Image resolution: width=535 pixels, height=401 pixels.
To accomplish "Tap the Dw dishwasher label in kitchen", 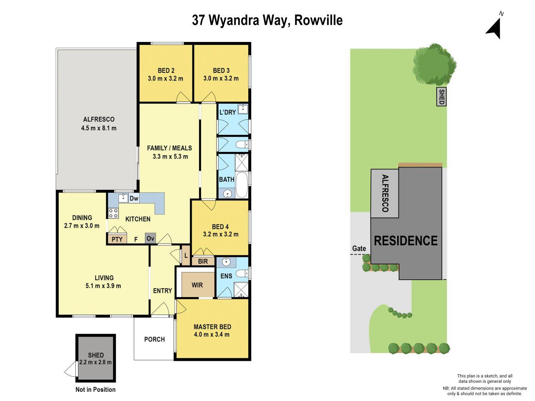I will (x=134, y=199).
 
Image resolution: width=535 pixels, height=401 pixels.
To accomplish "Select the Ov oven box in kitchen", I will (x=150, y=238).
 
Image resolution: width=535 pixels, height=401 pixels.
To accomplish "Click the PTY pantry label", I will (x=117, y=239).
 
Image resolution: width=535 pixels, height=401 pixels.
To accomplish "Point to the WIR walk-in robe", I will (x=197, y=285).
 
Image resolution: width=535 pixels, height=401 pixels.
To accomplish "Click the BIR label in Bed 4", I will (x=203, y=261).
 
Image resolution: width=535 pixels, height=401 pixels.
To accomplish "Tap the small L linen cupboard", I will (x=186, y=255).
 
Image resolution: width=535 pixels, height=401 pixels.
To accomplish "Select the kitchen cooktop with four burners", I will (x=113, y=213).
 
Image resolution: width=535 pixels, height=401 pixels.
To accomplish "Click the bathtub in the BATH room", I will (x=242, y=185).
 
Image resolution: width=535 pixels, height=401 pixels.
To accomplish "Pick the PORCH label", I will (x=154, y=339).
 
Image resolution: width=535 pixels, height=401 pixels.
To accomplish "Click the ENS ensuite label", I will (x=226, y=276).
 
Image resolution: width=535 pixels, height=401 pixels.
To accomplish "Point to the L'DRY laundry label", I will (x=227, y=112).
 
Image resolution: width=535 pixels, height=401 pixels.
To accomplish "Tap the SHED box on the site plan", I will (x=441, y=97).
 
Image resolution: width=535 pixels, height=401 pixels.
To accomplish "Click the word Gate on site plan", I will (x=359, y=248).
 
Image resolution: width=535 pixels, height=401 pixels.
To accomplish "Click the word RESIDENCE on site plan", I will (x=405, y=241).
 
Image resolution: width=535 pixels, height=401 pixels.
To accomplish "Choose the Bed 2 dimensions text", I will (x=165, y=78).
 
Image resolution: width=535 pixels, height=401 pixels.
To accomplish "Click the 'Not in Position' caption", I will (x=95, y=389).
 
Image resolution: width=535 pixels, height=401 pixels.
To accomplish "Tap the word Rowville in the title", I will (x=318, y=20).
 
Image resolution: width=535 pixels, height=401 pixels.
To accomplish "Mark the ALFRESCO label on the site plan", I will (x=385, y=193).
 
